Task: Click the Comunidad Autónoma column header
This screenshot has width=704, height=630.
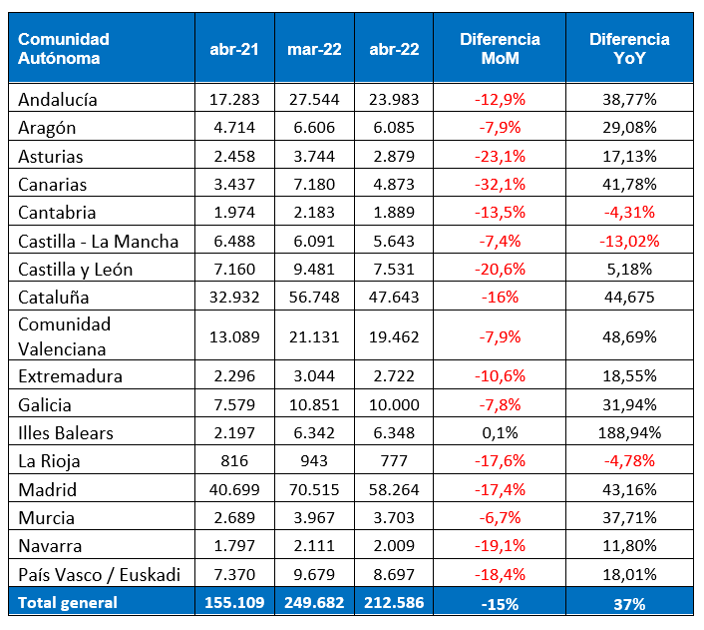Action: tap(65, 48)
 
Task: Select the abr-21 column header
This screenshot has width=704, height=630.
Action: tap(234, 49)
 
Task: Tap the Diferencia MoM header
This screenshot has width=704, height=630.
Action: tap(500, 48)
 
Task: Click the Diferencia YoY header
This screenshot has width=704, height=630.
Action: tap(629, 48)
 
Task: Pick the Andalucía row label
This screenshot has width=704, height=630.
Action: tap(59, 99)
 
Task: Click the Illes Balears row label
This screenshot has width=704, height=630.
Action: tap(66, 432)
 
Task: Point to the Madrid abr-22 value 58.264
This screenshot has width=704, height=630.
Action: tap(394, 490)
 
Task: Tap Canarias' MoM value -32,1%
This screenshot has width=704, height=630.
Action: tap(500, 185)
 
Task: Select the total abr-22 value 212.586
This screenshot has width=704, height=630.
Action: tap(394, 602)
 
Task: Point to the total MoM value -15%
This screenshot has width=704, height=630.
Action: tap(500, 602)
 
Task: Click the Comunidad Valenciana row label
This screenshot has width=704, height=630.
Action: tap(65, 336)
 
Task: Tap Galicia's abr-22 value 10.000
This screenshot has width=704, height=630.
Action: tap(394, 404)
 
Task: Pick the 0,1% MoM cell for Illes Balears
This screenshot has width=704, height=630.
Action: tap(500, 433)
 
